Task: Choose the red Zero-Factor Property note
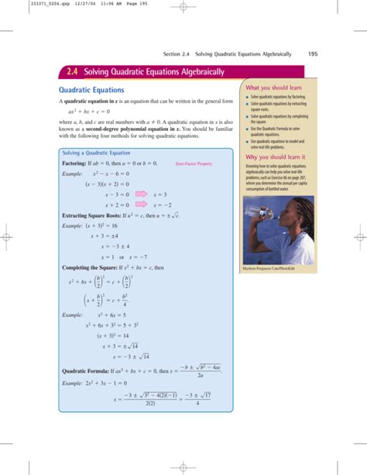(x=194, y=164)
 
